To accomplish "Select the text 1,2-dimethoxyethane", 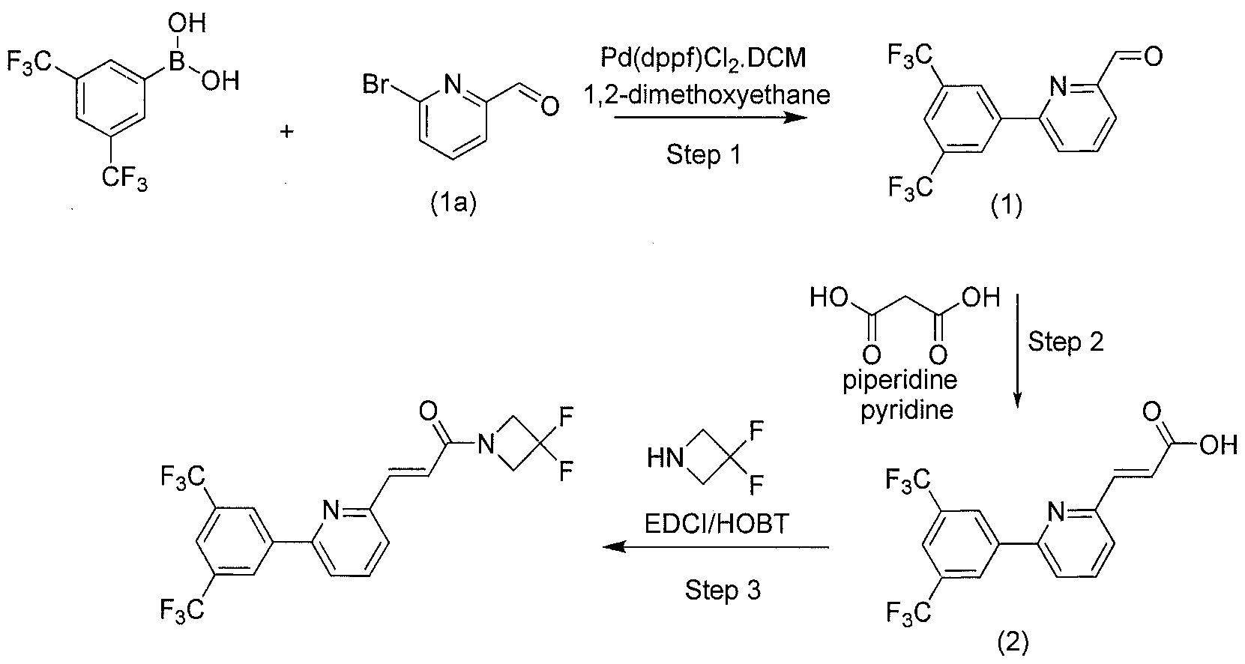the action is pyautogui.click(x=706, y=95).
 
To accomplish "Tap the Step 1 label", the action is pyautogui.click(x=704, y=154).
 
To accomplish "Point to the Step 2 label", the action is pyautogui.click(x=1065, y=341).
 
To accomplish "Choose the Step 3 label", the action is pyautogui.click(x=723, y=590).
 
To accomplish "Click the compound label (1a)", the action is pyautogui.click(x=453, y=204).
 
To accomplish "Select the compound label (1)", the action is pyautogui.click(x=1007, y=206).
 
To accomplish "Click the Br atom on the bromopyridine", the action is pyautogui.click(x=376, y=85).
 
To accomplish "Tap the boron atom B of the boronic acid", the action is pyautogui.click(x=176, y=61).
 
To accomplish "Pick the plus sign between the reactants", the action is pyautogui.click(x=287, y=132).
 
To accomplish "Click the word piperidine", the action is pyautogui.click(x=900, y=381).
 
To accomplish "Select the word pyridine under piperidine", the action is pyautogui.click(x=907, y=411).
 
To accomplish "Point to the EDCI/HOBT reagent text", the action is pyautogui.click(x=717, y=523).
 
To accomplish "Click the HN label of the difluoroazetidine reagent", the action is pyautogui.click(x=666, y=459).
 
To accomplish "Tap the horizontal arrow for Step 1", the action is pyautogui.click(x=711, y=118).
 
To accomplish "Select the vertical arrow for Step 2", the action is pyautogui.click(x=1018, y=351).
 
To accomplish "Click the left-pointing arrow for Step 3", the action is pyautogui.click(x=716, y=547).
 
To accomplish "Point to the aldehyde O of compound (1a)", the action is pyautogui.click(x=549, y=106).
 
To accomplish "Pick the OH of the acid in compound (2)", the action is pyautogui.click(x=1218, y=445).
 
